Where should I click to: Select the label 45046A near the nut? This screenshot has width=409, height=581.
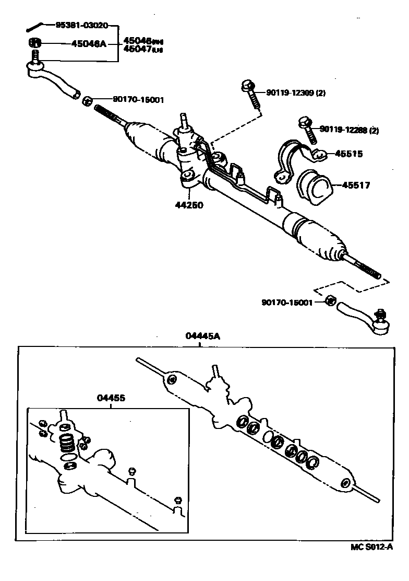[x=89, y=44]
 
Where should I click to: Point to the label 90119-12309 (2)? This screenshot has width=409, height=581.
[x=295, y=93]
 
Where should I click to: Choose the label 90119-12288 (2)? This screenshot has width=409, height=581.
[x=349, y=129]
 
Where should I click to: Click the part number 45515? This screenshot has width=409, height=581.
[x=349, y=154]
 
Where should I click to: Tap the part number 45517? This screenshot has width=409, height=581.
[x=356, y=184]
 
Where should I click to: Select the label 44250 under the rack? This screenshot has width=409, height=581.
[x=189, y=205]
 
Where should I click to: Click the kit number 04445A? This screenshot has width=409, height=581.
[x=203, y=337]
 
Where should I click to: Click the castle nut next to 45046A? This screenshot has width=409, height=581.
[x=34, y=43]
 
